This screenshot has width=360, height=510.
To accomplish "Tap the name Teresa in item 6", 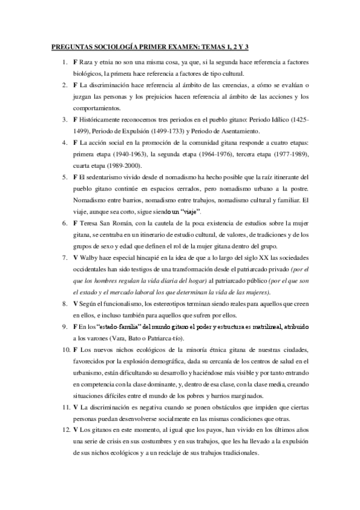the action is tap(89, 223).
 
